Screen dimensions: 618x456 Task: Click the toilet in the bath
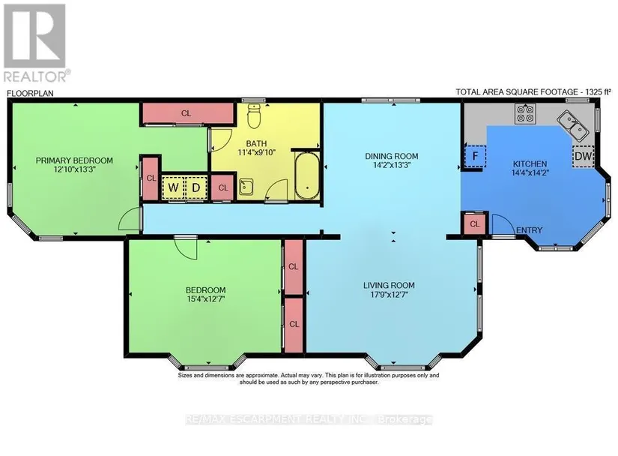(254, 115)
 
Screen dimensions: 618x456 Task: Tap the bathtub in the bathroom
(307, 177)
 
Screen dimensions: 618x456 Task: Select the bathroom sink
(246, 187)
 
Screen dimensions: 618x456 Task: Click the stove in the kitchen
(525, 113)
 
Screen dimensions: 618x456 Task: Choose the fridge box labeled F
(475, 156)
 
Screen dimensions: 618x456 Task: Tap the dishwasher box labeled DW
(583, 156)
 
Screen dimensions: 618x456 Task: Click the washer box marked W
(173, 187)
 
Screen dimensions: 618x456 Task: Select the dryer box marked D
(196, 187)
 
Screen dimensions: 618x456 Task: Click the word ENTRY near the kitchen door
(530, 230)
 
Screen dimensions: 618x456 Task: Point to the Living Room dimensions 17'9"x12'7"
(388, 294)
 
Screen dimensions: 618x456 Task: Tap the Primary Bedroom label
(74, 160)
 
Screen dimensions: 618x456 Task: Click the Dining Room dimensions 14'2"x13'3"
(392, 165)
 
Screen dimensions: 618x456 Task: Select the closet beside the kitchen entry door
(475, 224)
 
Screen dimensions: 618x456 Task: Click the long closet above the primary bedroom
(187, 113)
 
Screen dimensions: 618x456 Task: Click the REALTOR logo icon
(34, 36)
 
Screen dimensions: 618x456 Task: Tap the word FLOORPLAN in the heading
(30, 93)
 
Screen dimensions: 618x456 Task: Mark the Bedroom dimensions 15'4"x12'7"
(206, 299)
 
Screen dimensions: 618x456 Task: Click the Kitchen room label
(530, 163)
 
